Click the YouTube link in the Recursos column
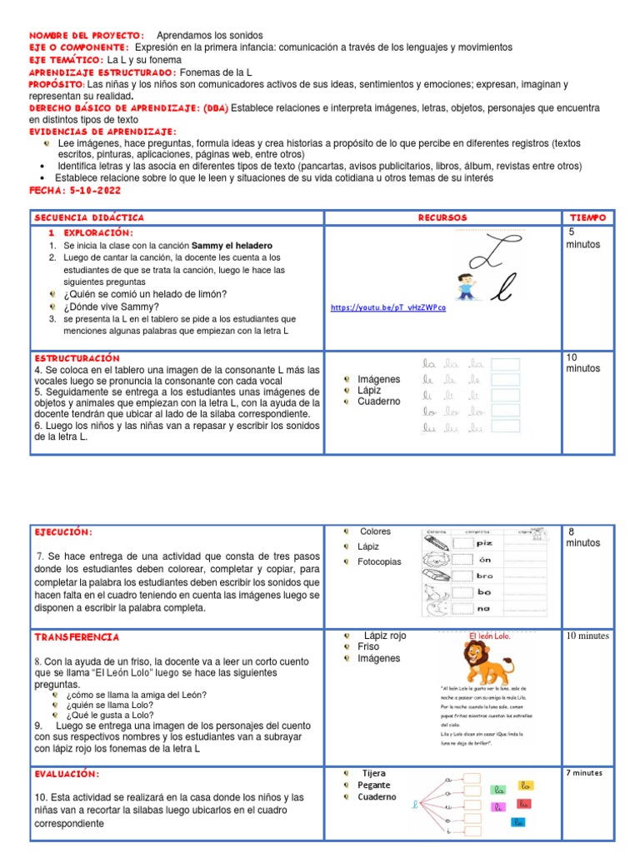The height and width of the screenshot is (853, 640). pyautogui.click(x=387, y=307)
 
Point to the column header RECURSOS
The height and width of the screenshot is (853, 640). pyautogui.click(x=442, y=217)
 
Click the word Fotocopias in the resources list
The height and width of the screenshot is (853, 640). pyautogui.click(x=380, y=561)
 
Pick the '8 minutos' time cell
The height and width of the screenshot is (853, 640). pyautogui.click(x=582, y=537)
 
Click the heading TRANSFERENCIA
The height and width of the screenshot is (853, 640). pyautogui.click(x=77, y=637)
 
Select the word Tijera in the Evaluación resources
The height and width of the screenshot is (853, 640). pyautogui.click(x=373, y=773)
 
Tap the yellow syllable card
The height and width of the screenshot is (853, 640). pyautogui.click(x=524, y=786)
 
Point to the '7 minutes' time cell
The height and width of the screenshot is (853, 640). pyautogui.click(x=583, y=773)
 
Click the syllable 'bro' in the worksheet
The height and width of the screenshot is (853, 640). pyautogui.click(x=485, y=576)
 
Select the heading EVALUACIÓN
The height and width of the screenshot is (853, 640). pyautogui.click(x=68, y=774)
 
